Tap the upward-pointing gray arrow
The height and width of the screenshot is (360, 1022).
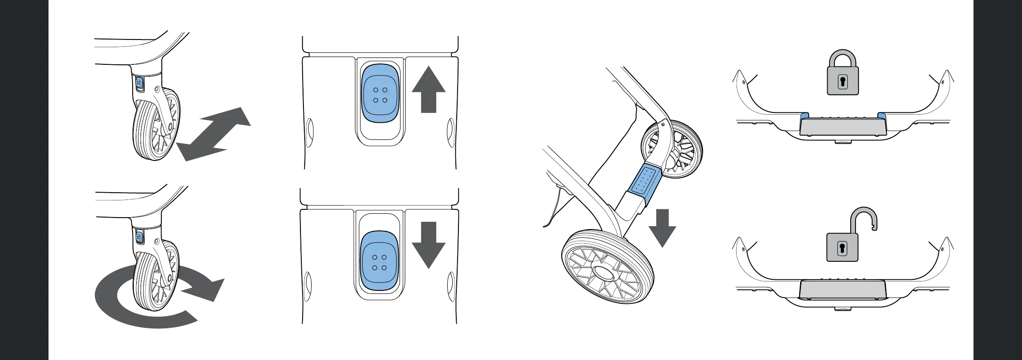[x=428, y=90]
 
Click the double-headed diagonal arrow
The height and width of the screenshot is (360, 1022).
[x=214, y=133]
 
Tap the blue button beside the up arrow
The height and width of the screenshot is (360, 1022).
[x=380, y=94]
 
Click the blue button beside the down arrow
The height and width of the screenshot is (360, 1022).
[x=379, y=260]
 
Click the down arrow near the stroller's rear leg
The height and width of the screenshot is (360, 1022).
[x=662, y=227]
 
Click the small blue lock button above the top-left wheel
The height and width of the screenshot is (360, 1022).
[x=139, y=83]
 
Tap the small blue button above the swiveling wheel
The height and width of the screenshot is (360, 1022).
[x=139, y=237]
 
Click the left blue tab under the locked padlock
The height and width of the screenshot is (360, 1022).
[x=804, y=116]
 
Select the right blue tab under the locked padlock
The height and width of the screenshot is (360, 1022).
[x=882, y=116]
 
